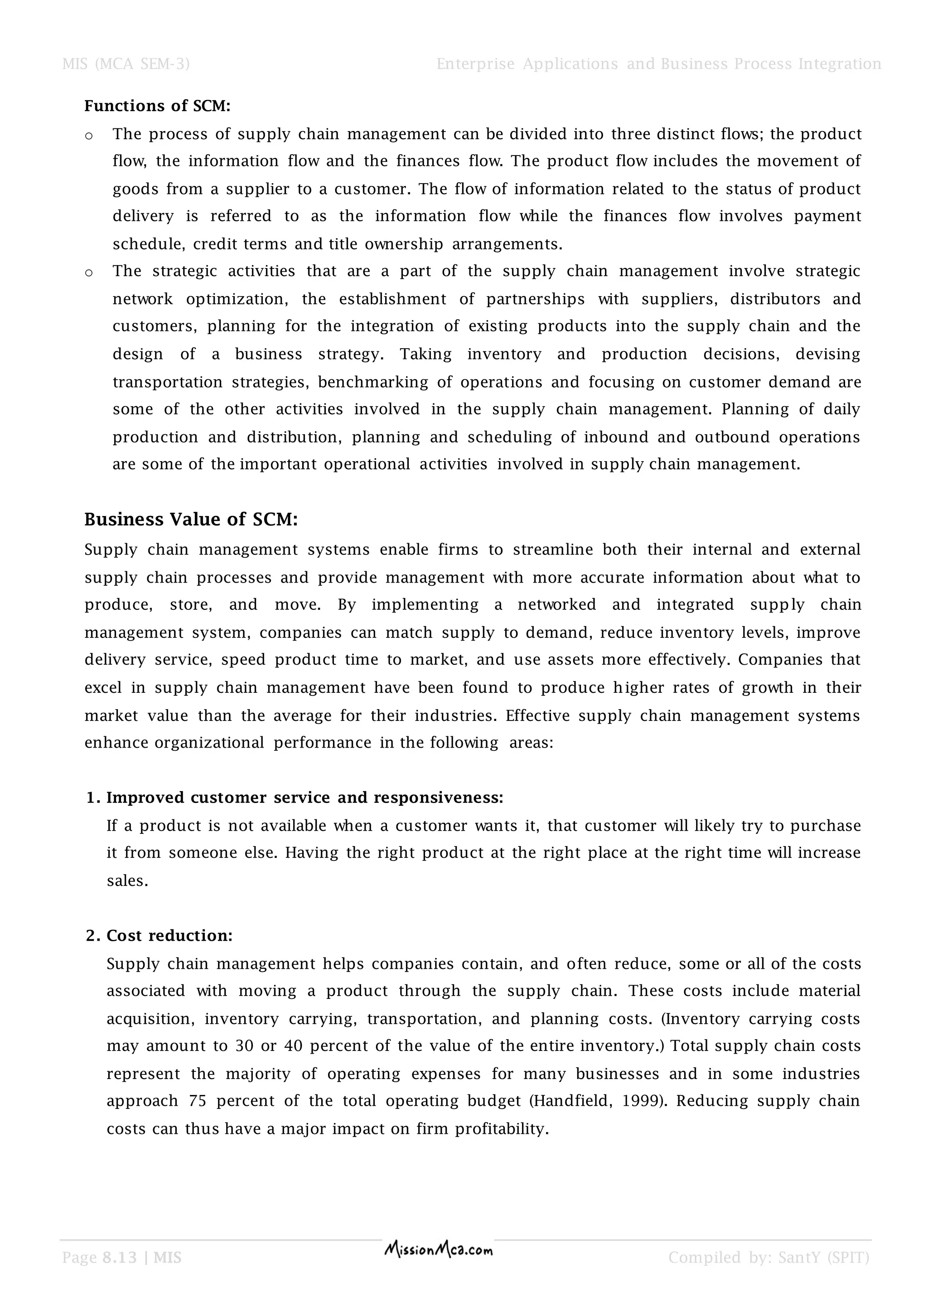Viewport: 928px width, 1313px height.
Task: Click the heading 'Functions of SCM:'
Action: coord(157,107)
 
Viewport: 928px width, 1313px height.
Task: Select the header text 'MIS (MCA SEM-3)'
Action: coord(126,64)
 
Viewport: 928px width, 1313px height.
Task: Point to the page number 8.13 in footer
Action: coord(120,1258)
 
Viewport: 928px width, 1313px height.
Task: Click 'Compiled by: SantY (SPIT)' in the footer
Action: coord(768,1258)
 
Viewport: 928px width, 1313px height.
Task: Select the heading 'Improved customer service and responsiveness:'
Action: coord(304,798)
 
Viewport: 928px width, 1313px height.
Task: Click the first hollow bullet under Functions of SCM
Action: coord(88,136)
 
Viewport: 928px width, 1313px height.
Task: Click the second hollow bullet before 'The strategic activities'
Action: coord(88,273)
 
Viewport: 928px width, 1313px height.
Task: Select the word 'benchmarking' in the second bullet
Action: coord(372,382)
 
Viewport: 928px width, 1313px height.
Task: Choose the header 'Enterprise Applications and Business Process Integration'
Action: coord(658,64)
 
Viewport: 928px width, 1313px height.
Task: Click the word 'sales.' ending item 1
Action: coord(127,880)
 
